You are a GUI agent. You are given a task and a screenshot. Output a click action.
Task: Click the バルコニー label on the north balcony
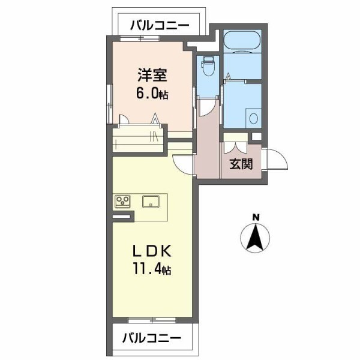coord(159,25)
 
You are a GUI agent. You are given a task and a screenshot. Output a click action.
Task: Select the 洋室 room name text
coord(152,76)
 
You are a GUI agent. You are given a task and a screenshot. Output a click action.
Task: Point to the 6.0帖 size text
coord(152,94)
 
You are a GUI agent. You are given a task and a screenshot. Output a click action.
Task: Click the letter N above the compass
coord(256,217)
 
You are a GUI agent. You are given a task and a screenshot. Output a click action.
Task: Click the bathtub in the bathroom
coord(242,45)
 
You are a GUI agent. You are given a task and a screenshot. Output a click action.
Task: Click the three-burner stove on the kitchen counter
coord(124,201)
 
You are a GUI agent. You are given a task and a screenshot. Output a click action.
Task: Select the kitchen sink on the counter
coord(151,201)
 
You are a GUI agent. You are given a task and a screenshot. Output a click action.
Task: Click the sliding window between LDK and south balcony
coord(151,320)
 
